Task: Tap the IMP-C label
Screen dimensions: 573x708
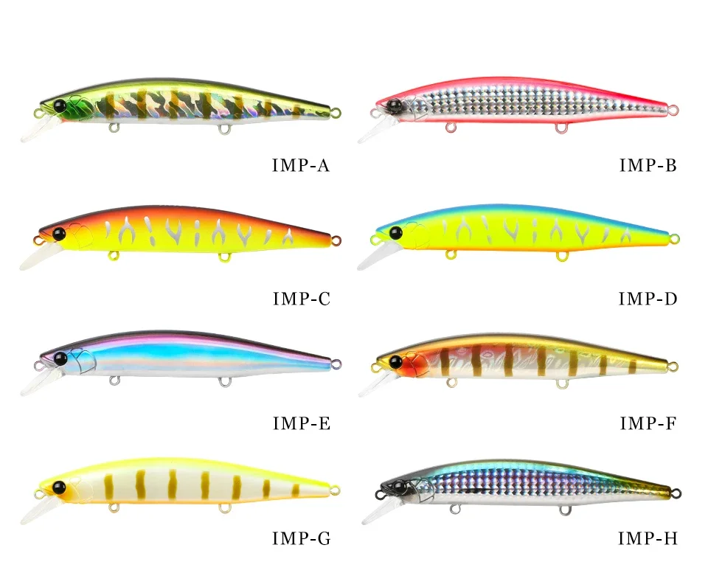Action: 301,299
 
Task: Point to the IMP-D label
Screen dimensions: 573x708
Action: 648,299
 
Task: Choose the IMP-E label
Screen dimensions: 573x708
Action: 301,423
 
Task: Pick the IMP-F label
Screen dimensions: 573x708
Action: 648,423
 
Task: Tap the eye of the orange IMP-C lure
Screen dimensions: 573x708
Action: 58,234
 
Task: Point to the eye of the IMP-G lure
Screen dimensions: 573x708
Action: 58,487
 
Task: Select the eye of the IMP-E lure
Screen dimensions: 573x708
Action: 60,358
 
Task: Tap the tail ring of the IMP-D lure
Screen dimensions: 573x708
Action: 673,238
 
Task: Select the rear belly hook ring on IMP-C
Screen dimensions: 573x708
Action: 223,257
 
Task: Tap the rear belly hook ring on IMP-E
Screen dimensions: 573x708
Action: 223,382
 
